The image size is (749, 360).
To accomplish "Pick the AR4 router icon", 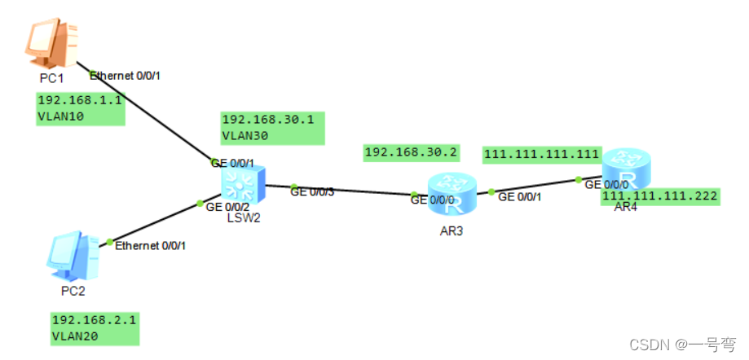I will click(628, 169).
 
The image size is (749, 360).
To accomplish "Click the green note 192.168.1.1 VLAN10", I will click(81, 108).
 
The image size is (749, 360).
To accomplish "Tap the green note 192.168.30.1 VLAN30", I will click(272, 128).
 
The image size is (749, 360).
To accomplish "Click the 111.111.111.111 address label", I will click(541, 154).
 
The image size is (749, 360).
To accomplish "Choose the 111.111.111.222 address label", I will click(660, 195).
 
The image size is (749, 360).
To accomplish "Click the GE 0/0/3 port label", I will click(312, 192).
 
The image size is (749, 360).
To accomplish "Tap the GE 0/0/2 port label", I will click(227, 208).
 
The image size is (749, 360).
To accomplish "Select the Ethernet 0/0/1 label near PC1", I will click(126, 76).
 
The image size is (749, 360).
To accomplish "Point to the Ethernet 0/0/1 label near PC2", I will click(150, 245).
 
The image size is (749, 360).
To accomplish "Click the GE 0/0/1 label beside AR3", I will click(519, 196).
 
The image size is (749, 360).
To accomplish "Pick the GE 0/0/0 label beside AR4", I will click(606, 185).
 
